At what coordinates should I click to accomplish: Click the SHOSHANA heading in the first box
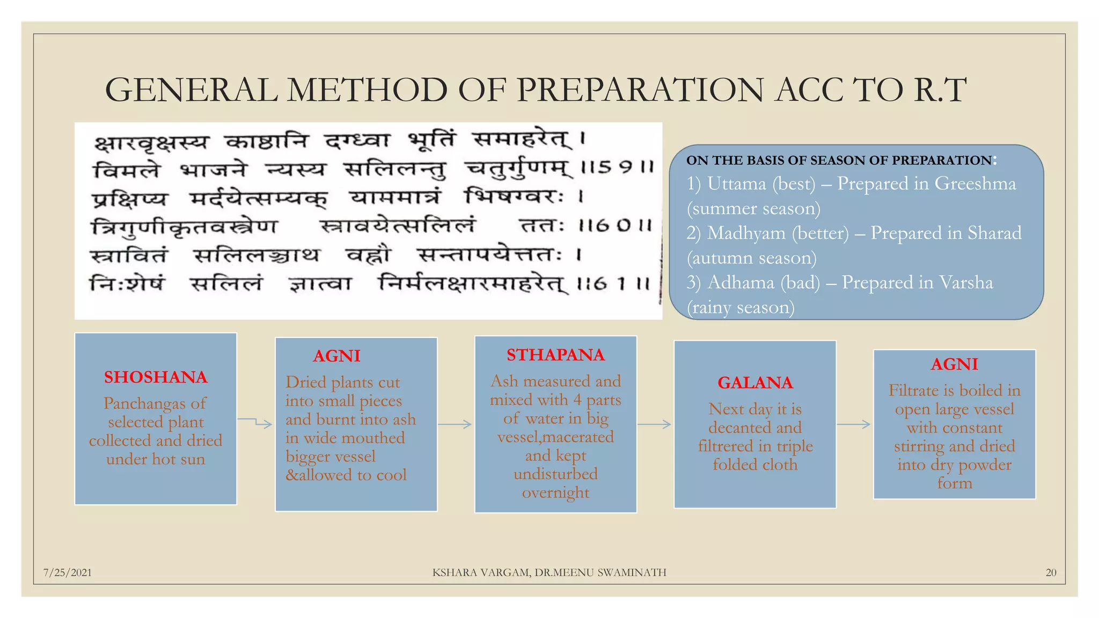click(x=156, y=377)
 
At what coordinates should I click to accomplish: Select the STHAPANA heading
click(x=555, y=355)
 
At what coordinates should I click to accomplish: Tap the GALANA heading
click(x=755, y=382)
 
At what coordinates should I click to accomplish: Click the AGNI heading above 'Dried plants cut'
click(x=336, y=356)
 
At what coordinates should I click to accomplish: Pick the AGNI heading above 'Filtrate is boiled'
click(x=954, y=364)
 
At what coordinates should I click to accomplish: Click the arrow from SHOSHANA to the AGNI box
click(x=255, y=422)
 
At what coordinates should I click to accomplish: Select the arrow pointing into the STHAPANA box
click(x=455, y=424)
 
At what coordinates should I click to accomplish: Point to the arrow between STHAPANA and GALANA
click(x=655, y=424)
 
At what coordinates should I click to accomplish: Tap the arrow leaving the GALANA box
click(x=854, y=424)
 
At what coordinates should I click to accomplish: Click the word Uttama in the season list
click(x=736, y=184)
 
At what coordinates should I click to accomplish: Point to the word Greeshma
click(x=975, y=184)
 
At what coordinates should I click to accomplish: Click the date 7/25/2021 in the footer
click(x=68, y=572)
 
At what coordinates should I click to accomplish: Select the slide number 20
click(x=1051, y=572)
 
